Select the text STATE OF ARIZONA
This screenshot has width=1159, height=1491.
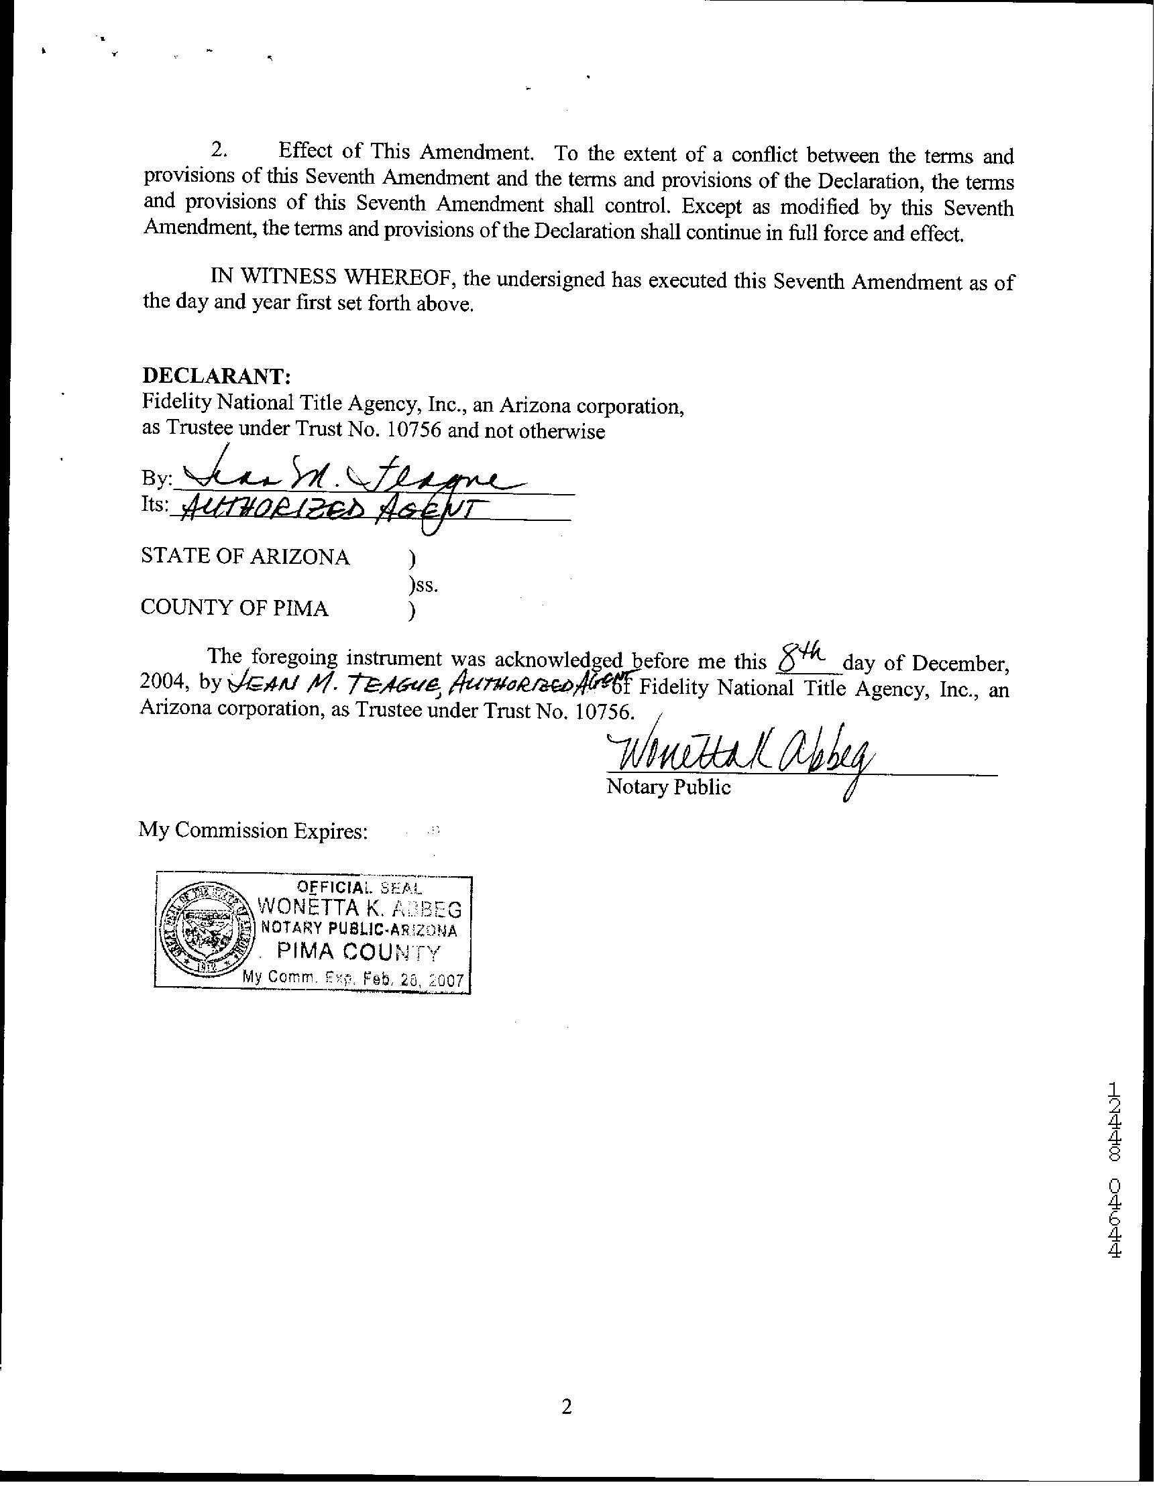click(x=245, y=556)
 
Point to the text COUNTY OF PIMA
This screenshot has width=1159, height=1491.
click(x=234, y=607)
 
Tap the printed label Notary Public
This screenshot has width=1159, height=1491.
click(x=668, y=787)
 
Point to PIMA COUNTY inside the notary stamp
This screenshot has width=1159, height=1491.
click(x=358, y=953)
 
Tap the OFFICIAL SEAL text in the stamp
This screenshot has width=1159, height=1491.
click(x=359, y=888)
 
